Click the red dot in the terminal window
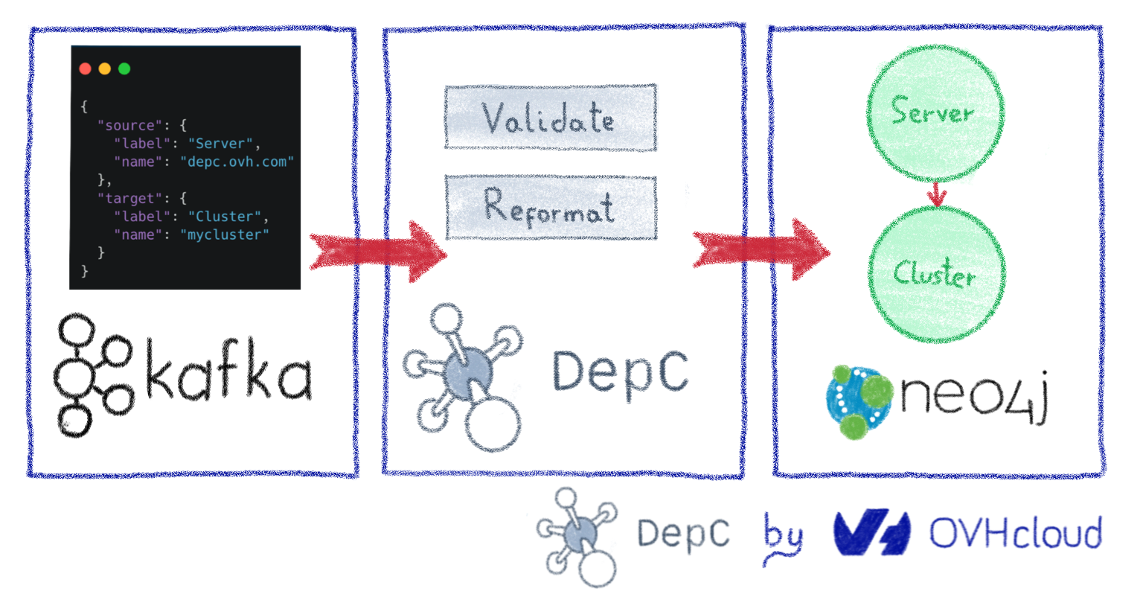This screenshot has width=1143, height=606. coord(85,68)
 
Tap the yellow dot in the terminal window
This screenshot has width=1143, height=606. coord(105,68)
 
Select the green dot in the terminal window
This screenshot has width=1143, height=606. coord(124,68)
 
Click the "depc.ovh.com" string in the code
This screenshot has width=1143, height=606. coord(237,162)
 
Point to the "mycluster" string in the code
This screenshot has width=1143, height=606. coord(224,235)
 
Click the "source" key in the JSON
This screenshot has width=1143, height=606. coord(129,125)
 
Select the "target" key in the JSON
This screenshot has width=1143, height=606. coord(129,198)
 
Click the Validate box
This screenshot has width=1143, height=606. coord(551,118)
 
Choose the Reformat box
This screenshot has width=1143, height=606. coord(551,207)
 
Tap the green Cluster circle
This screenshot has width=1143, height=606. coord(936,274)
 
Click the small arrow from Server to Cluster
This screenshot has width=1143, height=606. coord(936,194)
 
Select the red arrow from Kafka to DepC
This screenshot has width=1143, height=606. coord(378,252)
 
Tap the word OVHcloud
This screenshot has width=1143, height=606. coord(1015,534)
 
